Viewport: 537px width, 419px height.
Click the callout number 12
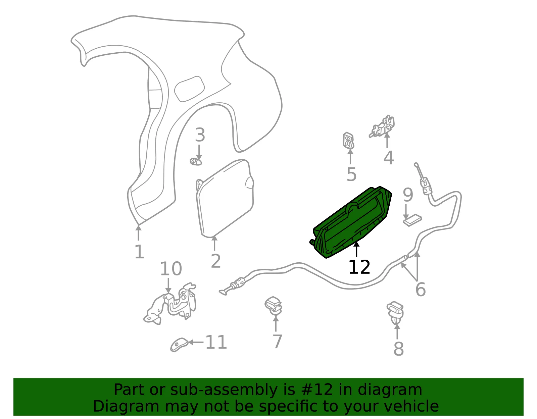pos(359,267)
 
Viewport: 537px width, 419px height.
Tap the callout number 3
pos(200,135)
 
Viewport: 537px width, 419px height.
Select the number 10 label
pos(171,269)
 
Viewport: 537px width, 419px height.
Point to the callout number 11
pos(216,342)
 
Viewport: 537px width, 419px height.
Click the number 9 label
pos(408,195)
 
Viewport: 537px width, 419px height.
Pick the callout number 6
pos(421,290)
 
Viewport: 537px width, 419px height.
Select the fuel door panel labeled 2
pos(225,199)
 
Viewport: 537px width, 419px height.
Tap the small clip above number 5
pos(348,141)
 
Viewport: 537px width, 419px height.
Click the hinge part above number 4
pos(382,126)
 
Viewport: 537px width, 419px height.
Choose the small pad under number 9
pos(412,220)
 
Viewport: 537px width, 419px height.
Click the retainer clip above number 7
pos(273,306)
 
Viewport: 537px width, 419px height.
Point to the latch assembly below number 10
pos(170,304)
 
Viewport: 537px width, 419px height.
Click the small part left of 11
pos(179,345)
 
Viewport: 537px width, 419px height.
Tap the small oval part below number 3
pos(196,162)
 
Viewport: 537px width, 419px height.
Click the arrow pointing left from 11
pos(196,342)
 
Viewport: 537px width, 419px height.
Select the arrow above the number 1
pos(138,233)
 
